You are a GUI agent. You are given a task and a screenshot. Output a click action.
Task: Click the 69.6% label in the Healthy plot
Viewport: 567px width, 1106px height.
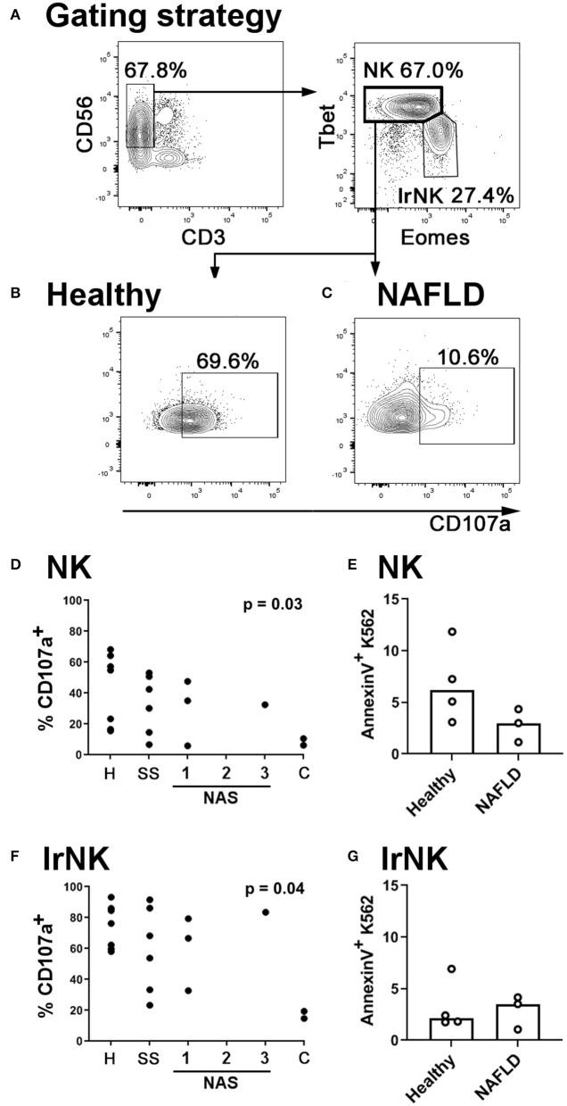226,362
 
